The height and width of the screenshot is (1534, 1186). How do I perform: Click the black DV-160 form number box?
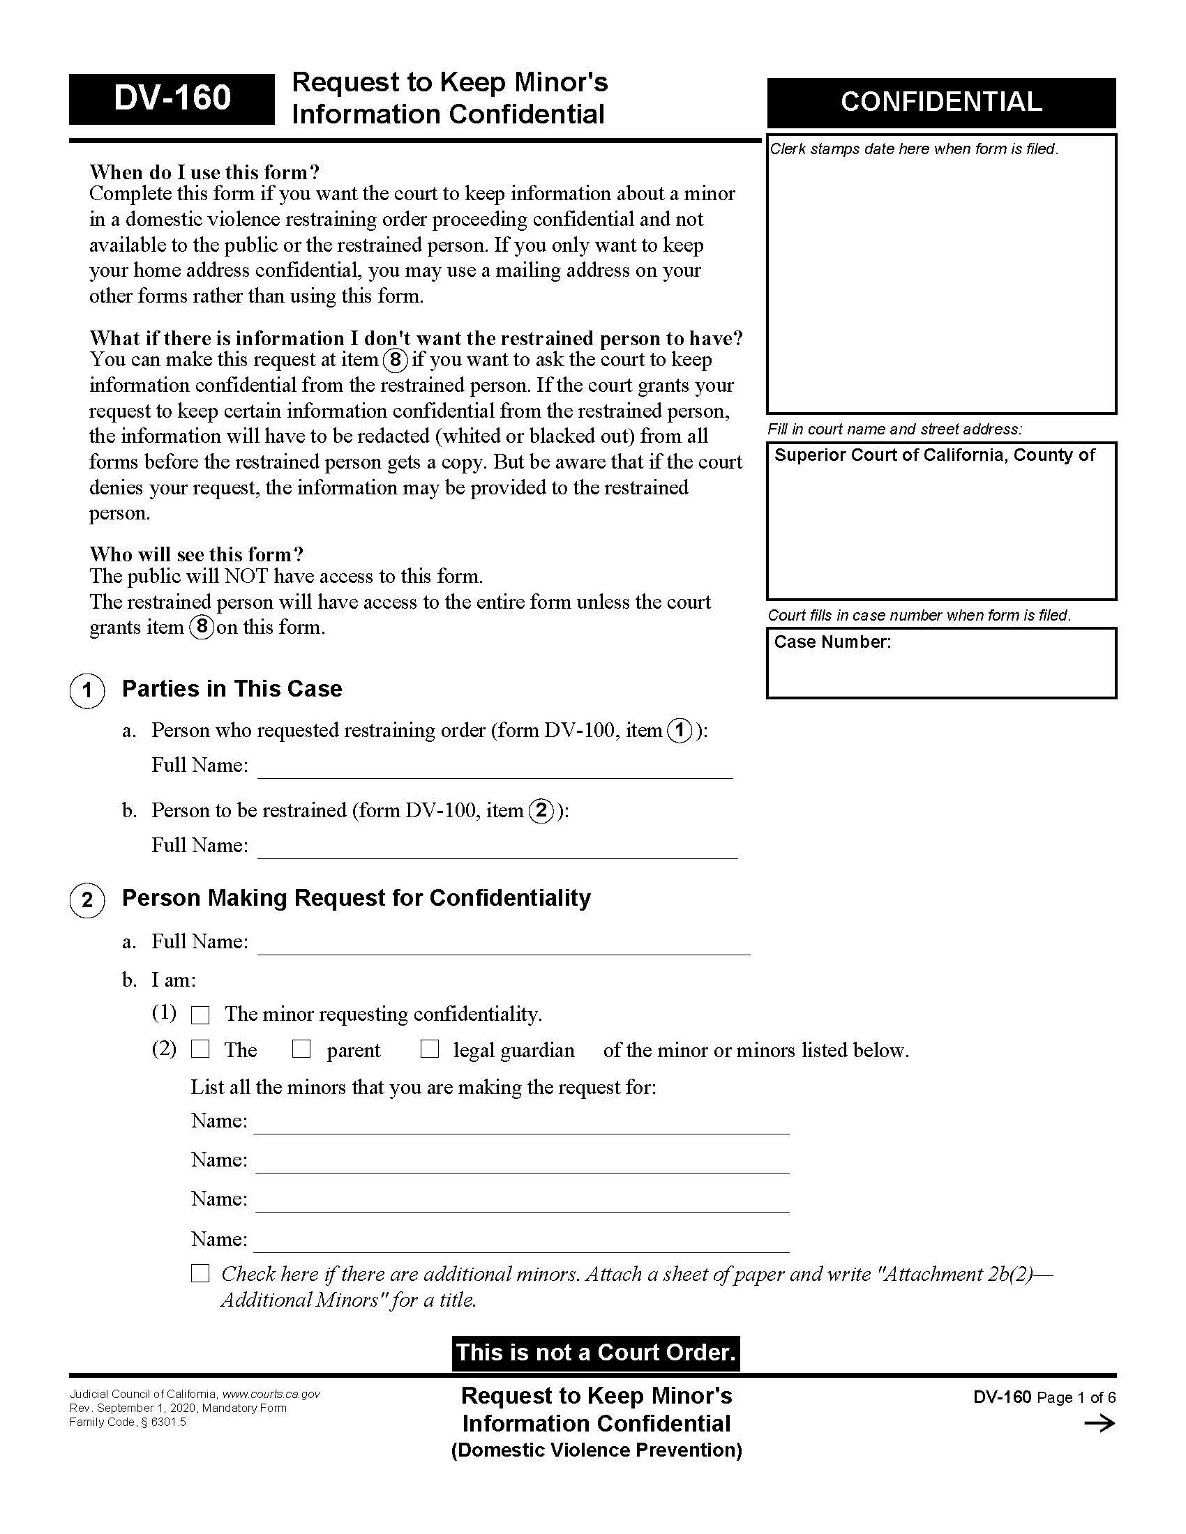(x=172, y=98)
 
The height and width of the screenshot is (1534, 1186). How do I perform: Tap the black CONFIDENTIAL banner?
(x=941, y=102)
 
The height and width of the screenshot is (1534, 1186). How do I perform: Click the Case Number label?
(x=832, y=642)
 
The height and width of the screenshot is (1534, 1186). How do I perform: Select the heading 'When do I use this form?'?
(x=204, y=172)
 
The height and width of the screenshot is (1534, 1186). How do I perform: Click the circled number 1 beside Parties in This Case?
(x=87, y=690)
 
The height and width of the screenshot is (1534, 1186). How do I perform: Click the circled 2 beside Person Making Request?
(x=87, y=899)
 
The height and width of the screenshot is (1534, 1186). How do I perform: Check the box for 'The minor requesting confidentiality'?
(x=201, y=1015)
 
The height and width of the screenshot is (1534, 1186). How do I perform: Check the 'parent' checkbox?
(x=301, y=1049)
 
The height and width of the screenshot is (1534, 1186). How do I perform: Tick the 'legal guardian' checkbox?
(x=429, y=1049)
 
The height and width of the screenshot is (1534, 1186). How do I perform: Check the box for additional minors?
(x=201, y=1274)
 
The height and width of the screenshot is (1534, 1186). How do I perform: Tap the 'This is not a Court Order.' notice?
(x=595, y=1353)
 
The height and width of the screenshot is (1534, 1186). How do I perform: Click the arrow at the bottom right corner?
(x=1099, y=1424)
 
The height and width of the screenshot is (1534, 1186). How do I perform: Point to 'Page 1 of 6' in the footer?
(x=1076, y=1397)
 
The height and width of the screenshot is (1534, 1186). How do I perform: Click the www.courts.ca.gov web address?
(x=271, y=1395)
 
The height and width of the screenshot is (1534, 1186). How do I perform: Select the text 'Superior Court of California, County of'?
(x=933, y=455)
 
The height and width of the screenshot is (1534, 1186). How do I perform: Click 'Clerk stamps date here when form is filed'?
(x=913, y=149)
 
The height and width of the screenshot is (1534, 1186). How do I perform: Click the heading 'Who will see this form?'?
(x=197, y=554)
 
